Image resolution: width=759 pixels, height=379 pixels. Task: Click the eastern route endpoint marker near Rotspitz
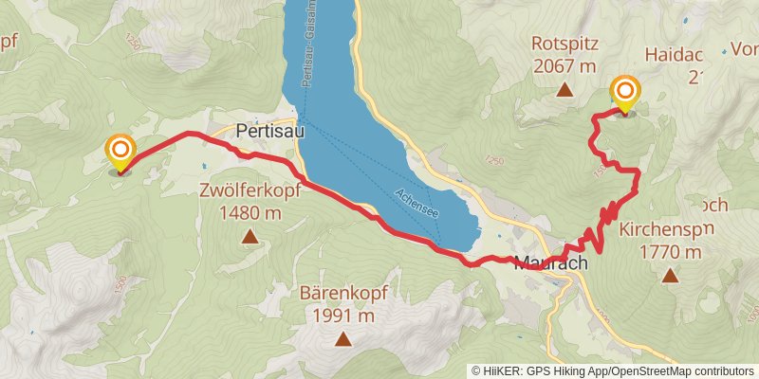(x=626, y=93)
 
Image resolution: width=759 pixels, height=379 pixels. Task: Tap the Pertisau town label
(x=269, y=133)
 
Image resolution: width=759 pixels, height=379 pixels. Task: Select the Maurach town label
(x=550, y=262)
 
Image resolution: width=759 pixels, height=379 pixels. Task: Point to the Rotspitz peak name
(x=565, y=43)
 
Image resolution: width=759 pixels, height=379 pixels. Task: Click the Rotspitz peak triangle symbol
(x=565, y=91)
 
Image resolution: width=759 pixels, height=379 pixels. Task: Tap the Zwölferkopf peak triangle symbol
(x=250, y=237)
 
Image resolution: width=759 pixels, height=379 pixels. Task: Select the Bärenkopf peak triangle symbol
(x=342, y=338)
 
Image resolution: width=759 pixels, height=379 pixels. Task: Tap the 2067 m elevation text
(x=565, y=65)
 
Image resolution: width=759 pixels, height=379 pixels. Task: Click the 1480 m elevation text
(x=249, y=213)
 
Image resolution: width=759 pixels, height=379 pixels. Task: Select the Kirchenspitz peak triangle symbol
(x=671, y=276)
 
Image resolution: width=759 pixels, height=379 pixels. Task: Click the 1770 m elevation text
(x=670, y=252)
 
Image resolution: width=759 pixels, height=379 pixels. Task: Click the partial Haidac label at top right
(x=676, y=56)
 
